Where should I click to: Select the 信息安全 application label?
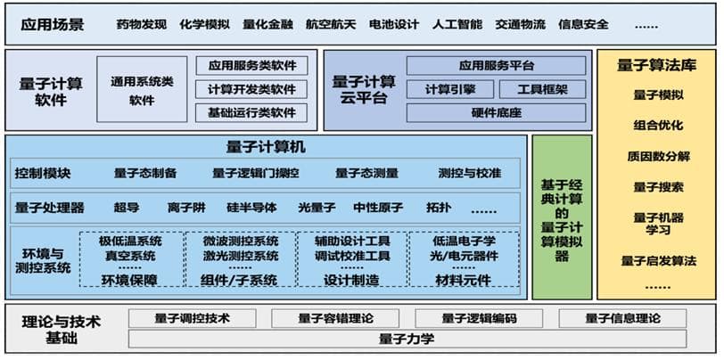click(584, 24)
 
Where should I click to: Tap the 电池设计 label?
click(393, 24)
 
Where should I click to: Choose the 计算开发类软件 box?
click(251, 89)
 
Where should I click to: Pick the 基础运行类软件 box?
click(251, 112)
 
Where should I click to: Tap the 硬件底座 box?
click(496, 112)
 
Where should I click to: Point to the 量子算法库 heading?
click(658, 64)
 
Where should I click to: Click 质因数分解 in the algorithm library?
click(658, 156)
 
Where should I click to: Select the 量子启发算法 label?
click(658, 260)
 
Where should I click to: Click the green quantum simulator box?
click(561, 217)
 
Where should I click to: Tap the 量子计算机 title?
click(266, 146)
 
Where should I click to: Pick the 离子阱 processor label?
click(185, 208)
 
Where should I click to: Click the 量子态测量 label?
click(366, 172)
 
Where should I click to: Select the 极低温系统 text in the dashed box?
click(130, 241)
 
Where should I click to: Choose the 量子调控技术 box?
click(192, 318)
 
